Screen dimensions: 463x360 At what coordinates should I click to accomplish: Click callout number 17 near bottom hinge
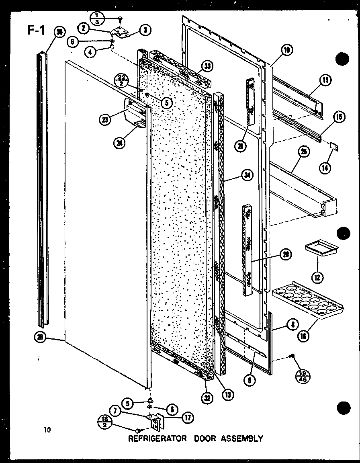[x=187, y=417]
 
